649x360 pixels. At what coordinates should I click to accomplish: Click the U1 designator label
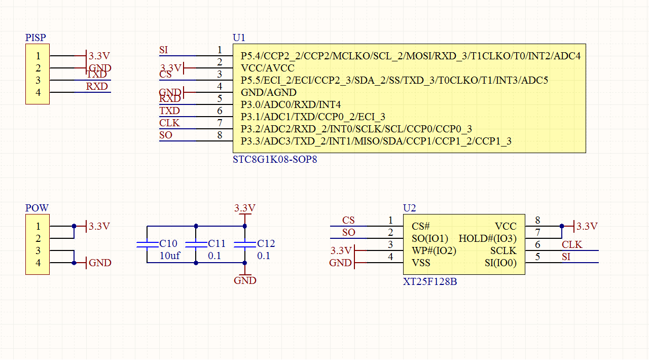point(239,38)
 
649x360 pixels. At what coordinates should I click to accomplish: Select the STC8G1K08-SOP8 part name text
point(275,159)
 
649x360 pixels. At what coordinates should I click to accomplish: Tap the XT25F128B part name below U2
point(429,281)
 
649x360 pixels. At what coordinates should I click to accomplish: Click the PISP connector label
point(35,38)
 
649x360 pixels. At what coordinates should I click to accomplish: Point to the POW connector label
point(37,208)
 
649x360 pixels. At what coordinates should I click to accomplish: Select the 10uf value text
point(169,256)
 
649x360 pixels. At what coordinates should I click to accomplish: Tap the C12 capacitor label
point(266,244)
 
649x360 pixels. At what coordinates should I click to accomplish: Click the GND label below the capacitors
point(245,280)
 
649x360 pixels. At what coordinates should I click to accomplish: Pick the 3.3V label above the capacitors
point(244,208)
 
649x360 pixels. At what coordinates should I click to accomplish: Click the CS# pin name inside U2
point(421,226)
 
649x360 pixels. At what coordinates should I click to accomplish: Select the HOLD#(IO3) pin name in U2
point(487,238)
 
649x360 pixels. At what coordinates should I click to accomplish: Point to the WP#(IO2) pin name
point(434,250)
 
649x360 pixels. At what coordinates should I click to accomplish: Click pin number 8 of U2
point(537,220)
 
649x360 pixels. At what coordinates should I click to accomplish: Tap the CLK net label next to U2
point(572,245)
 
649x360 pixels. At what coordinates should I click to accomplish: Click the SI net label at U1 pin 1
point(163,50)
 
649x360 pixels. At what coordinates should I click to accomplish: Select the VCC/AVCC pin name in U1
point(267,68)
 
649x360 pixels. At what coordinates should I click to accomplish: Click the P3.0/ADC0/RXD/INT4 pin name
point(290,104)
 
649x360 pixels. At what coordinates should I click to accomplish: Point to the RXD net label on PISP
point(97,86)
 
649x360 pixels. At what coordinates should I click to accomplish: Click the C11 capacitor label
point(217,244)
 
